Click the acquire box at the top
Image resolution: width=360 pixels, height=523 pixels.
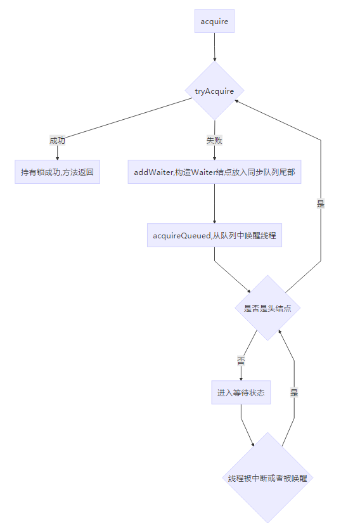[x=214, y=22]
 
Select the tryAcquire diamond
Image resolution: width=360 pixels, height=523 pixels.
[x=214, y=91]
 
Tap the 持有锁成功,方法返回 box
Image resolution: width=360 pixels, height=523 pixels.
[x=57, y=172]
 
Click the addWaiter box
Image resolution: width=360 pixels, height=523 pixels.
[x=214, y=172]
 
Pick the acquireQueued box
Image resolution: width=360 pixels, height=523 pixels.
[x=214, y=235]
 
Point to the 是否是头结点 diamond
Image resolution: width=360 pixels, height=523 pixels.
[x=267, y=308]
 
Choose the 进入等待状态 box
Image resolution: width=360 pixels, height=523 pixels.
[x=241, y=392]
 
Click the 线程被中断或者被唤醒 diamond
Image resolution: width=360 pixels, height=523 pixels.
[x=267, y=478]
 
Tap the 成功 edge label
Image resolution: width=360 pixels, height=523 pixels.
[x=57, y=140]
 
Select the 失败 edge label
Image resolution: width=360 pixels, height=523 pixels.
[x=214, y=140]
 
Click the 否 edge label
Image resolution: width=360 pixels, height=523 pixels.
[x=241, y=361]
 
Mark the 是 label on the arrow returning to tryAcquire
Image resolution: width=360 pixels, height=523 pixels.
[x=321, y=203]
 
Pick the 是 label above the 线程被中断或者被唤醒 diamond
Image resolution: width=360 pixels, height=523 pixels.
[x=294, y=392]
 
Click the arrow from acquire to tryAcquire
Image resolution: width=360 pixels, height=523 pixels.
[x=214, y=47]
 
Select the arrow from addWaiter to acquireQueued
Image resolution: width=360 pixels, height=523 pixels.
[x=214, y=203]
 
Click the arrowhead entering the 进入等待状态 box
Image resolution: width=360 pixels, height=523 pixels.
[x=241, y=378]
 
